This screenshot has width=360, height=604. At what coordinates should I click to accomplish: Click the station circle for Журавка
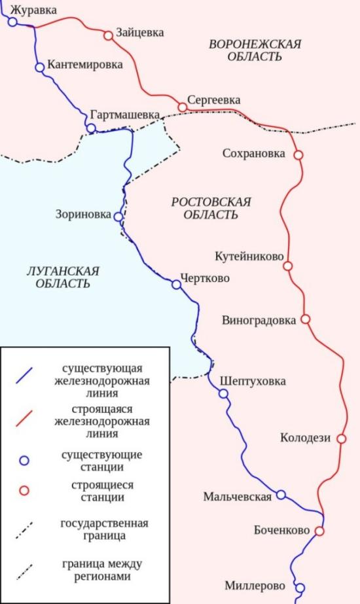click(x=12, y=22)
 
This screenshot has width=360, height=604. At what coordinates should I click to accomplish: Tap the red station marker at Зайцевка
click(x=108, y=35)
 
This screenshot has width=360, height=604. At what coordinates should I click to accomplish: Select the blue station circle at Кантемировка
click(x=40, y=67)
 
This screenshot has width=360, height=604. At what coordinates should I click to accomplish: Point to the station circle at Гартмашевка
click(x=92, y=128)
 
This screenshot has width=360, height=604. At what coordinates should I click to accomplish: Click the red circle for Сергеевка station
click(x=182, y=107)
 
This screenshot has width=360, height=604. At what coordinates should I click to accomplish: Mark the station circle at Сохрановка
click(x=298, y=155)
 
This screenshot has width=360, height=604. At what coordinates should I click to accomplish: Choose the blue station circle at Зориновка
click(x=118, y=216)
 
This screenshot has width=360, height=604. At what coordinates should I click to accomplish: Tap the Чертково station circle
click(x=175, y=285)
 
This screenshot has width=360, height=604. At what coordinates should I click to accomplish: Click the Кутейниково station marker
click(x=288, y=266)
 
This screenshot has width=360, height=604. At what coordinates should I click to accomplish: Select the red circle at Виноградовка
click(x=304, y=319)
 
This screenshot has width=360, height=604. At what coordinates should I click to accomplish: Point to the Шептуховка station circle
click(x=223, y=393)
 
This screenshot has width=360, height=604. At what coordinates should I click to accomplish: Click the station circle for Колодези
click(x=340, y=438)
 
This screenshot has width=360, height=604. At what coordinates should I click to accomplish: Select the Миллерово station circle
click(x=300, y=588)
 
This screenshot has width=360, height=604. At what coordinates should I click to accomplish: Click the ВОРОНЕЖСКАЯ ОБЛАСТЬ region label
click(x=254, y=50)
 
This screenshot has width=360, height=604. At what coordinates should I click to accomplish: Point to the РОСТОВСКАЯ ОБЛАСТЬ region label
click(x=211, y=208)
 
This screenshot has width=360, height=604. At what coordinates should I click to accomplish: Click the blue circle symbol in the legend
click(x=24, y=460)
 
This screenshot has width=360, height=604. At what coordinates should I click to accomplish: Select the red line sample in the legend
click(x=25, y=418)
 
